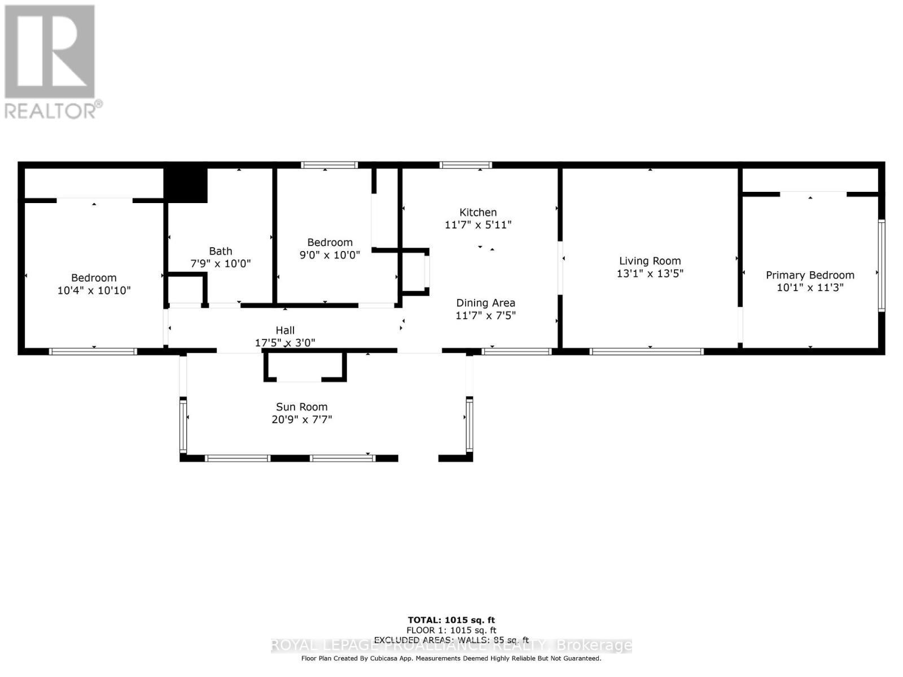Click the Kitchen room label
tap(478, 212)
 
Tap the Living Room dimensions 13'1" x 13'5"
tap(650, 274)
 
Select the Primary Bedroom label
tap(810, 275)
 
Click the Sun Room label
tap(301, 407)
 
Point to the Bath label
tap(220, 251)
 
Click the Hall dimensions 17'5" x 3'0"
tap(285, 342)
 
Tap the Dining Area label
tap(485, 303)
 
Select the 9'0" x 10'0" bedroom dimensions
tap(330, 254)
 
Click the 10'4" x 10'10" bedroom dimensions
tap(94, 291)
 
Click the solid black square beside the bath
tap(186, 186)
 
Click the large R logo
tap(50, 52)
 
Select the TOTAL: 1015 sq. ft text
tap(451, 620)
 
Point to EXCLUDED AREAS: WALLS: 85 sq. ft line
tap(451, 640)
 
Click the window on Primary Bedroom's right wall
tap(881, 265)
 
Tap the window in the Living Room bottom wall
tap(646, 351)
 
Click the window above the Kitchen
tap(466, 165)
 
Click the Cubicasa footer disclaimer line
tap(451, 658)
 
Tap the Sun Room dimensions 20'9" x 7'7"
tap(301, 420)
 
